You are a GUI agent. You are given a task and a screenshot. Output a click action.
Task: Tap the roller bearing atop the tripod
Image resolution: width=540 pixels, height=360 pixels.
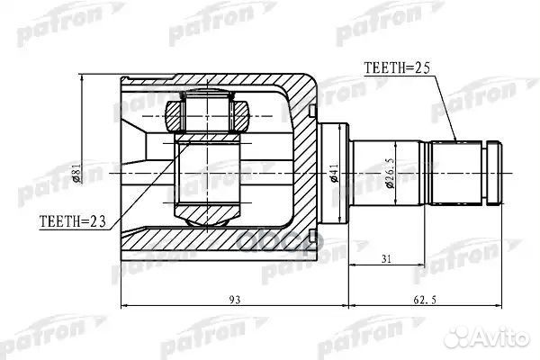tap(214, 114)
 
